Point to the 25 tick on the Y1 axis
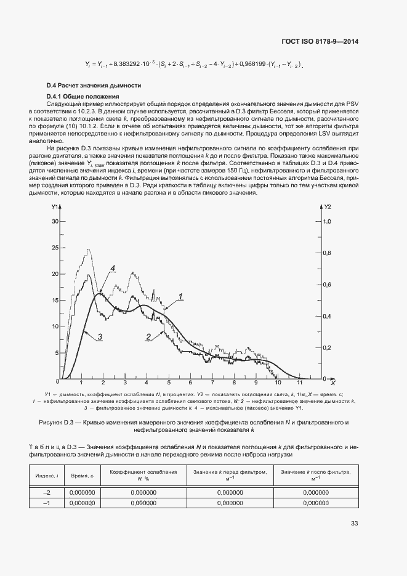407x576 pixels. (54, 248)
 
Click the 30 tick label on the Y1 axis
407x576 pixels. (54, 221)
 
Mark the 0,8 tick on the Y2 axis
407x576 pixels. (327, 253)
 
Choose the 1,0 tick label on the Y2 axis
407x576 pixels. (327, 221)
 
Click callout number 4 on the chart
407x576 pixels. (114, 268)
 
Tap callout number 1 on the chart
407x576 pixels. (182, 297)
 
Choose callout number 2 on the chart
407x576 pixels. (148, 336)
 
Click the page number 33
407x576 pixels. (354, 524)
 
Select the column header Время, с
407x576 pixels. (82, 476)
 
